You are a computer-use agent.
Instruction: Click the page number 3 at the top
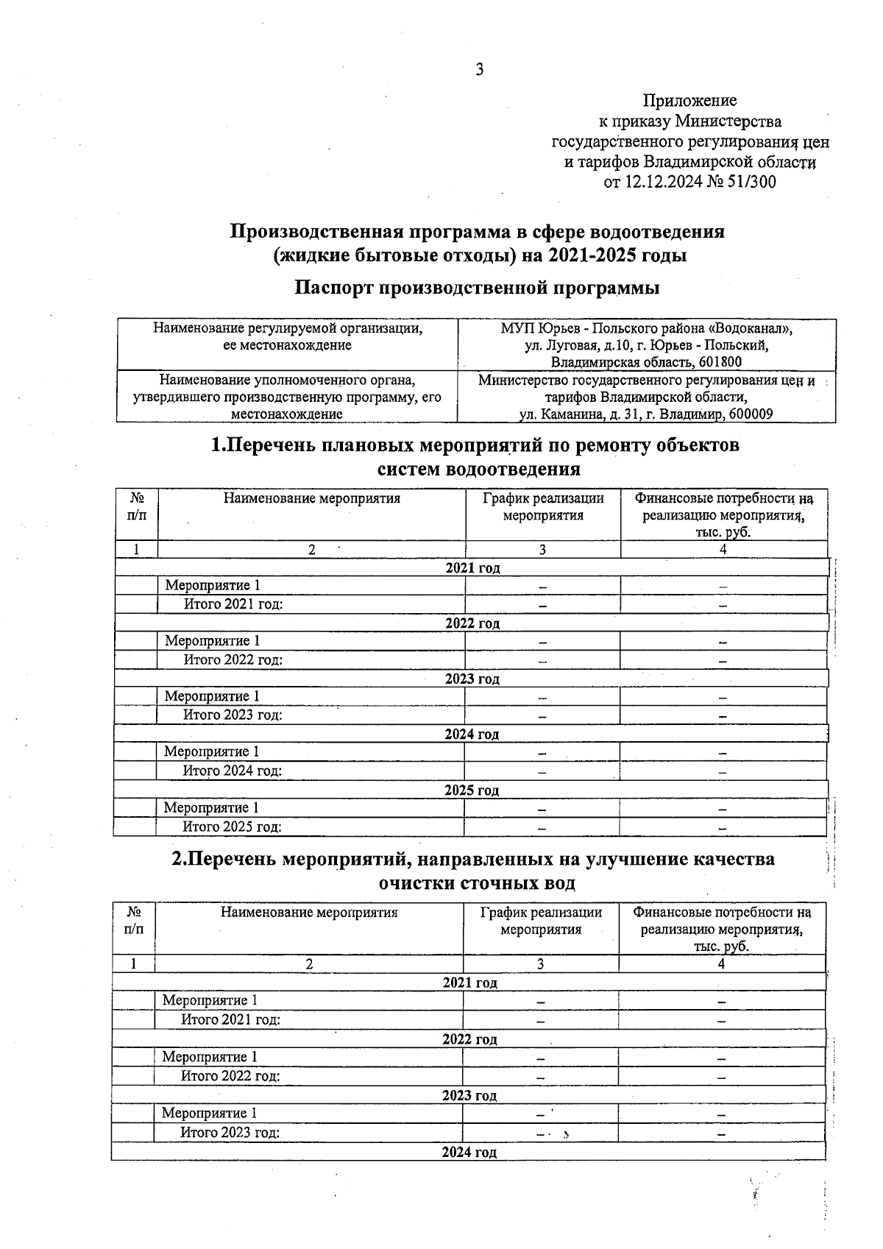(480, 70)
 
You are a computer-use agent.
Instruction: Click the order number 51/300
(751, 182)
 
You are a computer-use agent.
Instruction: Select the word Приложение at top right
(689, 100)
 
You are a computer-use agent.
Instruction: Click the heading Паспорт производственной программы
(477, 288)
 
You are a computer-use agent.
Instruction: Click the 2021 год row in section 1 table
(473, 568)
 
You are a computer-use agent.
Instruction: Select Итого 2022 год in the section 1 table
(233, 660)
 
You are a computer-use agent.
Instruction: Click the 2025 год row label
(472, 790)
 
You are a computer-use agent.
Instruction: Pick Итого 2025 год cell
(233, 827)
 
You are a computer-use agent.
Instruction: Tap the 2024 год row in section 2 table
(469, 1153)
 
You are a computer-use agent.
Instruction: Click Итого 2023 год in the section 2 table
(230, 1133)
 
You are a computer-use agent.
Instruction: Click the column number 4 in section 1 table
(723, 550)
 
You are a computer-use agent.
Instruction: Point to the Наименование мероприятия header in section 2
(309, 913)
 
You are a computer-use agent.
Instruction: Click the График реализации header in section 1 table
(543, 498)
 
